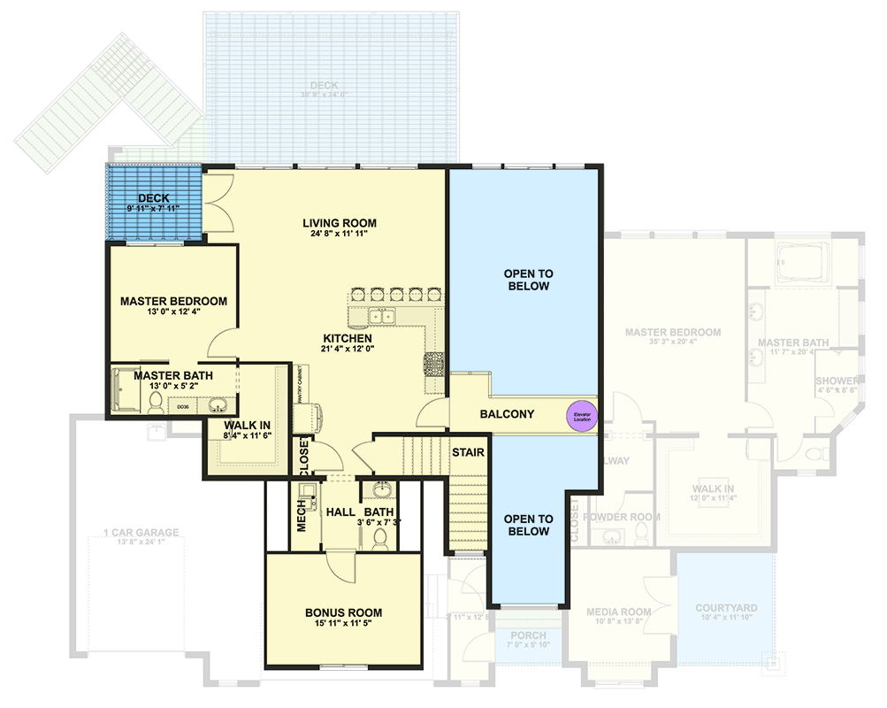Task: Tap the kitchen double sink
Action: (x=383, y=316)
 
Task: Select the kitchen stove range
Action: (x=435, y=364)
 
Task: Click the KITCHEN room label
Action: (x=347, y=338)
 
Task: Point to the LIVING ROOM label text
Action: (x=340, y=223)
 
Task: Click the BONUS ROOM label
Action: (x=343, y=612)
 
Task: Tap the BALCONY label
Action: (x=507, y=413)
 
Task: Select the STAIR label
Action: (x=468, y=452)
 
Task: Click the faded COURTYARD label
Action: (x=725, y=608)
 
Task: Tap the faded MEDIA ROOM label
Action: (x=618, y=612)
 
